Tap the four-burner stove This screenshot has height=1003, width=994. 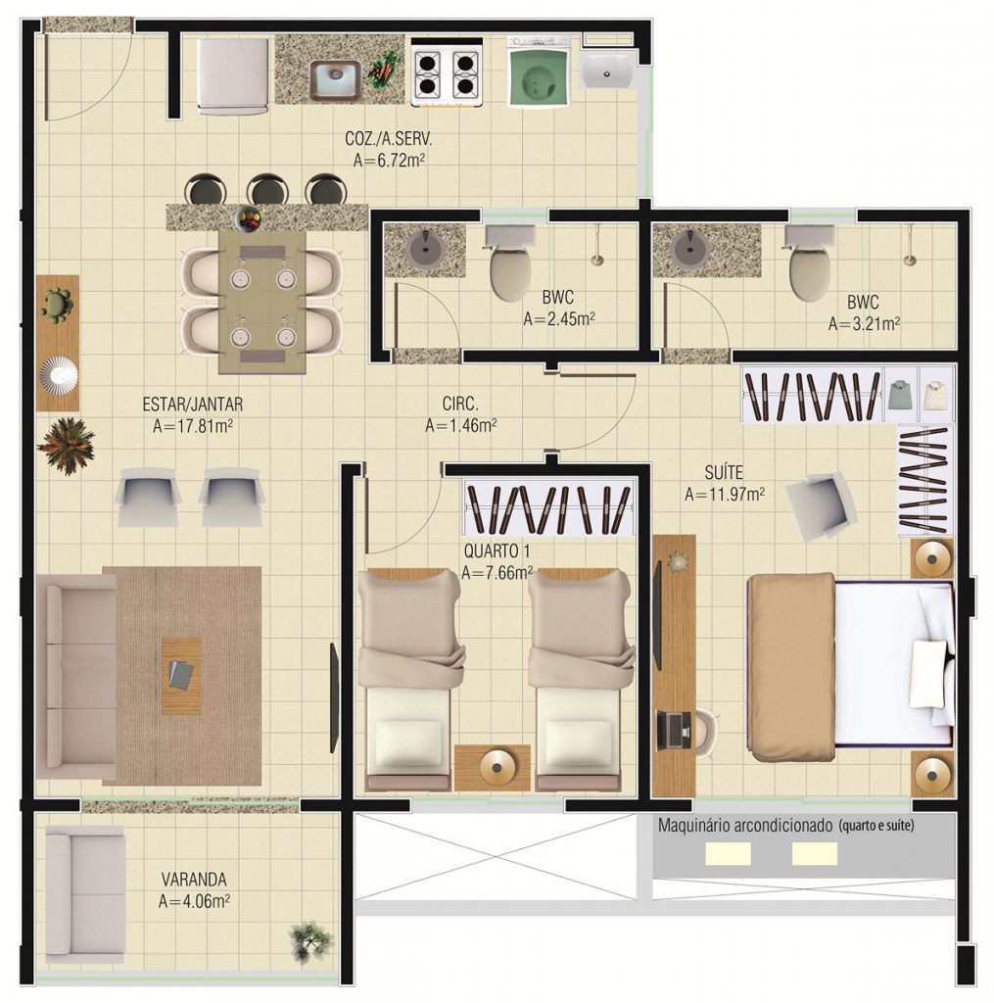coord(447,72)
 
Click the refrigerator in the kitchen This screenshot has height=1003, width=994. coord(232,76)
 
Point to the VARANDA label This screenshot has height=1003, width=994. coord(194,879)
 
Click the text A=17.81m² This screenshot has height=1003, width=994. coord(193,426)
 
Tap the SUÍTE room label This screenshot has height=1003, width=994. coord(724,473)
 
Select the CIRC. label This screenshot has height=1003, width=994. coord(460,404)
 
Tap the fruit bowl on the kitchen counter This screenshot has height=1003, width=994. coord(249,219)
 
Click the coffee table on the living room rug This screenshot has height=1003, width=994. coord(181,676)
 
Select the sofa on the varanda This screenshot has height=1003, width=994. coord(85,894)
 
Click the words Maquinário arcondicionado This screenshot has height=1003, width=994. coord(745,825)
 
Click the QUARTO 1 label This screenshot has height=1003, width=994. coord(497,550)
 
